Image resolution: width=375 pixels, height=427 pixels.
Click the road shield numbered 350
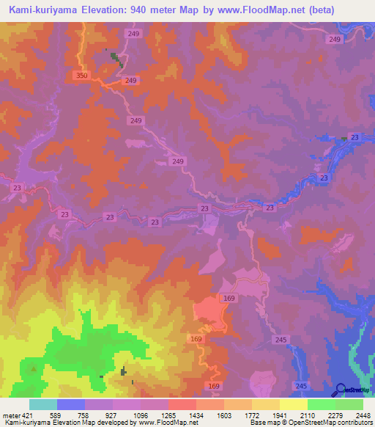point(82,76)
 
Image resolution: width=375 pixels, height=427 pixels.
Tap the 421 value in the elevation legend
point(21,415)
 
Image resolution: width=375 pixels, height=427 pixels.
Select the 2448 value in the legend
point(363,415)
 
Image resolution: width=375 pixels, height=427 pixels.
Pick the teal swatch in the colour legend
point(43,404)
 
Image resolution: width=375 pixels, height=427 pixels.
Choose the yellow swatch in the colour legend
point(294,404)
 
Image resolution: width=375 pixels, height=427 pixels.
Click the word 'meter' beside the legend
point(8,415)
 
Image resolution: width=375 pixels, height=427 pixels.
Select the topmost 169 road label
point(229,298)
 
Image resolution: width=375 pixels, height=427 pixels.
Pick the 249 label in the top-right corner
point(335,39)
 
